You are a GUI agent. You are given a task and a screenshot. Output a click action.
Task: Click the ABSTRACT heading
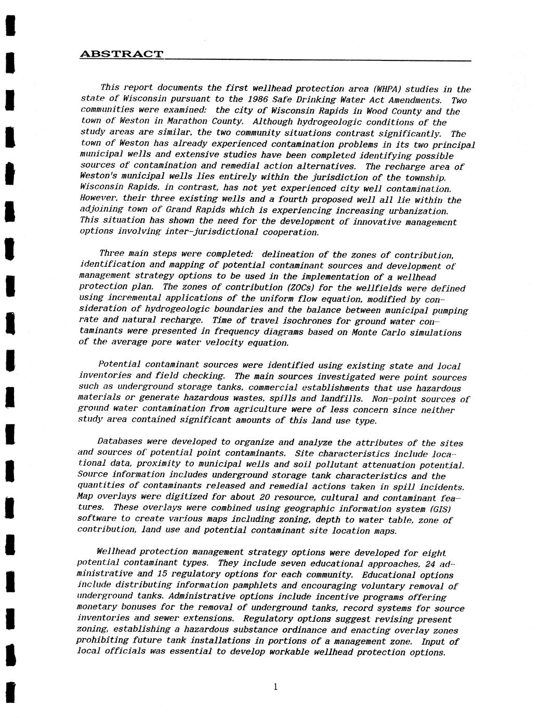[121, 54]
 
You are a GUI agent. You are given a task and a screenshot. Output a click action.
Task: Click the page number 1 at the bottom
[275, 687]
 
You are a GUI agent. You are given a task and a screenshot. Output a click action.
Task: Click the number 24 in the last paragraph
[430, 563]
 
